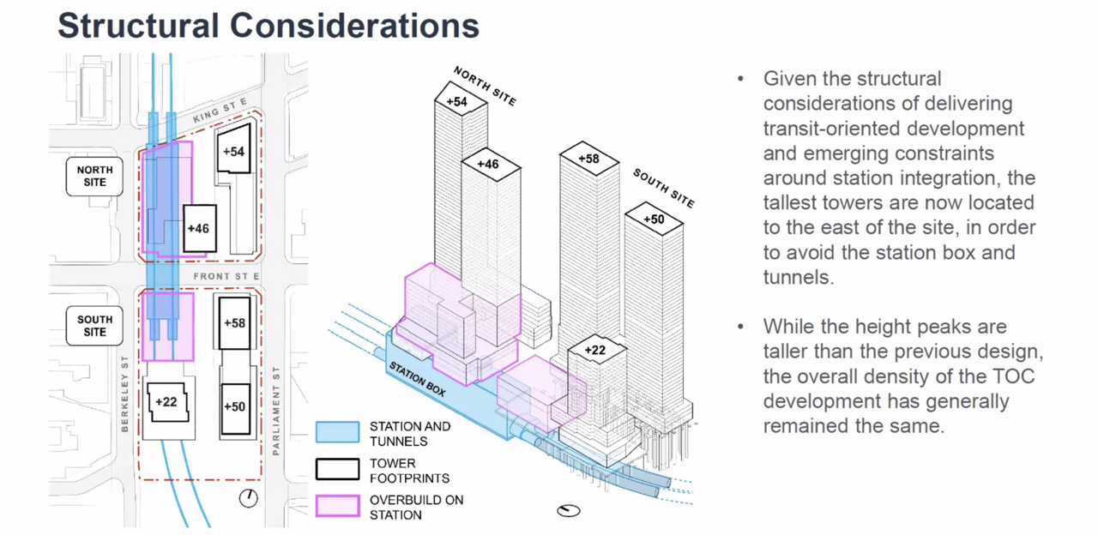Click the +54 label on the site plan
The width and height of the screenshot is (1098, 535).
coord(233,151)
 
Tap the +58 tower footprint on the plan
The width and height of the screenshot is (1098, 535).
coord(234,323)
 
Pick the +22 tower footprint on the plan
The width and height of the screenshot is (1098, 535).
coord(166,402)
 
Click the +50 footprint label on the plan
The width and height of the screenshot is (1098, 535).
coord(234,406)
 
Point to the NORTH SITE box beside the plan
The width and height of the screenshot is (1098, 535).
coord(94,176)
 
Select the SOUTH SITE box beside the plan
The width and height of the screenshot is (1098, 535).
coord(94,326)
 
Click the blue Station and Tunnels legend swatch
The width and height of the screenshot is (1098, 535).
coord(337,432)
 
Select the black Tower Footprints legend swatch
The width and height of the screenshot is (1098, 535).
coord(337,470)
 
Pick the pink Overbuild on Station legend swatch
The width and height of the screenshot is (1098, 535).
coord(337,507)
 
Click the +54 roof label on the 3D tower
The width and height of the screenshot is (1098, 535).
coord(456,101)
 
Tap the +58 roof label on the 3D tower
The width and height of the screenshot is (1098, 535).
coord(588,159)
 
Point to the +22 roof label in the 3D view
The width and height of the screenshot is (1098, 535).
coord(596,350)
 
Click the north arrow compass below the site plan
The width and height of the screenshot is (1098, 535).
coord(249,498)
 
